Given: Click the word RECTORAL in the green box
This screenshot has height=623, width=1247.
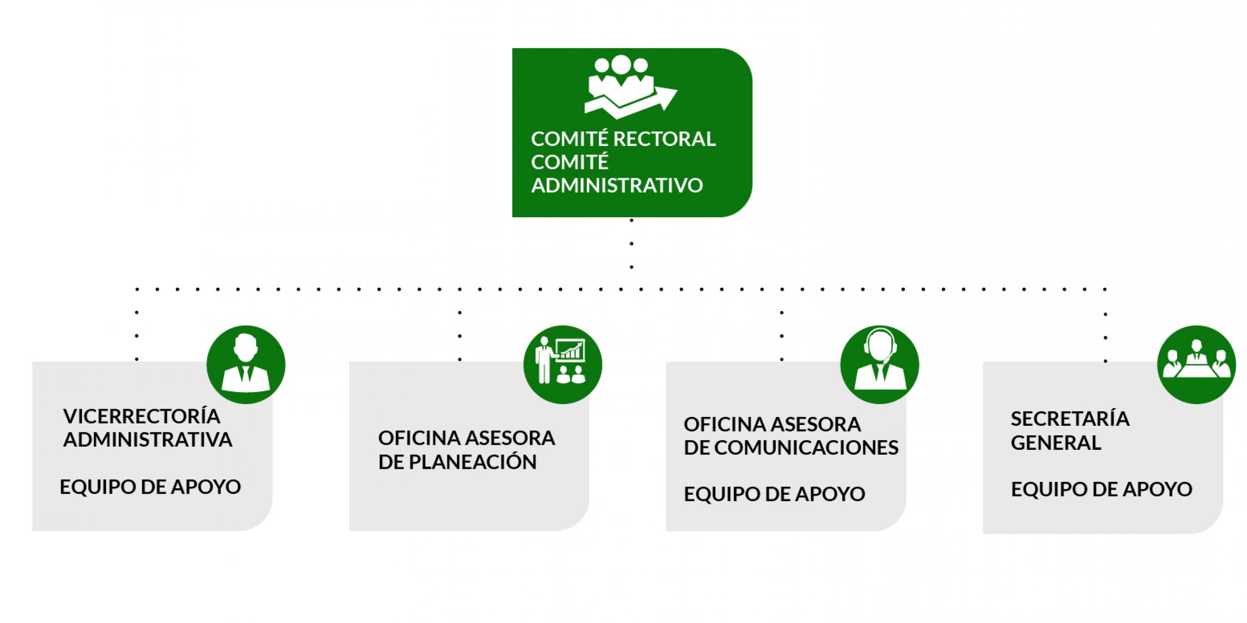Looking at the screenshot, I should point(664,139).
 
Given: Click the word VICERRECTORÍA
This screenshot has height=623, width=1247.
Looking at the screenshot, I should point(142,417).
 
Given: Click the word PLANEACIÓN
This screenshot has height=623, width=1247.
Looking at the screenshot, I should point(473,462).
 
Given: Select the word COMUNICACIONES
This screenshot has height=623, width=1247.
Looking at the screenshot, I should point(806,448).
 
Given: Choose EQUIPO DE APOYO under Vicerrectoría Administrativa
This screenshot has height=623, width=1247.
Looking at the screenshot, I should point(150,487).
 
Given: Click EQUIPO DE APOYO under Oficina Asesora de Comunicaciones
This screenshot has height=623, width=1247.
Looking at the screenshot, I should point(774,494).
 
